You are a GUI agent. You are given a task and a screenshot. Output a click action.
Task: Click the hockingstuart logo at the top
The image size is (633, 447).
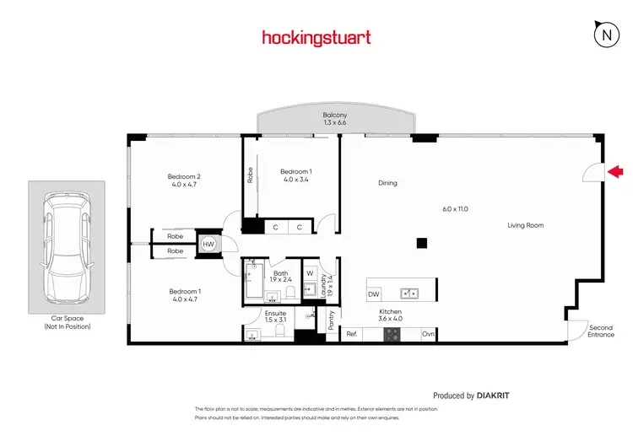click(x=316, y=37)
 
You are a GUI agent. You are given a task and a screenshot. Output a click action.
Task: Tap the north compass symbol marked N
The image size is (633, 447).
click(x=606, y=35)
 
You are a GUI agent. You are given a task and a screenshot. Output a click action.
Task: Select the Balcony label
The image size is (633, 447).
click(x=335, y=116)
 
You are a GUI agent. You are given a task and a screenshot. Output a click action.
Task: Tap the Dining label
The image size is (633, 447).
click(x=387, y=183)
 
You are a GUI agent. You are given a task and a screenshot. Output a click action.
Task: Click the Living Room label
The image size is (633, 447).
click(x=525, y=225)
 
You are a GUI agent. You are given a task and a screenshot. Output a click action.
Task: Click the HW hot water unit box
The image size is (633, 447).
click(x=207, y=244)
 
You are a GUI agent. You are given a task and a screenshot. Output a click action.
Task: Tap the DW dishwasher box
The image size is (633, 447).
click(x=374, y=294)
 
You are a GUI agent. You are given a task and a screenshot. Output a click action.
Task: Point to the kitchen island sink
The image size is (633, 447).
click(x=410, y=294)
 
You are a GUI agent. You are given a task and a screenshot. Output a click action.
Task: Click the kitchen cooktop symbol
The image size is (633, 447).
click(x=392, y=334)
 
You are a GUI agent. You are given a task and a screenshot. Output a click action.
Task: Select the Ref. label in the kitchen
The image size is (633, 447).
click(x=352, y=335)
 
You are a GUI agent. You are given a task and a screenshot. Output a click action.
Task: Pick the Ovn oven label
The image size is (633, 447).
click(x=428, y=335)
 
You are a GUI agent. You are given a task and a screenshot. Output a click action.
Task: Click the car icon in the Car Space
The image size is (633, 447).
click(x=67, y=246)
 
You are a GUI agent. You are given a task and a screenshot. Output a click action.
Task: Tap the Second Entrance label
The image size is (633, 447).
click(x=601, y=331)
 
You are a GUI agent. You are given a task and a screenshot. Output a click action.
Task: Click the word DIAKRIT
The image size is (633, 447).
click(x=493, y=395)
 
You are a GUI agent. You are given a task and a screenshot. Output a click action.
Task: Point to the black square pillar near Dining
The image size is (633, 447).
click(x=422, y=244)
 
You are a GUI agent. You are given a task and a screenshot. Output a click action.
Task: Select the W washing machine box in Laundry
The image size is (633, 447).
click(x=310, y=273)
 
